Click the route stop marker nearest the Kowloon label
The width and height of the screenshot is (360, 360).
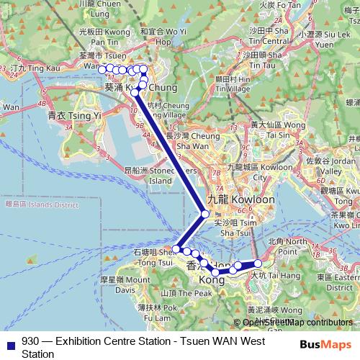(205, 214)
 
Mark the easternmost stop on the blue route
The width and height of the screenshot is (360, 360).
(258, 264)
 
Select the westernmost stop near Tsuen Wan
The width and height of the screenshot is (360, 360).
(102, 68)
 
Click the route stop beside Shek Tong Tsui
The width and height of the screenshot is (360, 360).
(176, 248)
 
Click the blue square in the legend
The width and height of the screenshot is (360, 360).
(9, 342)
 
